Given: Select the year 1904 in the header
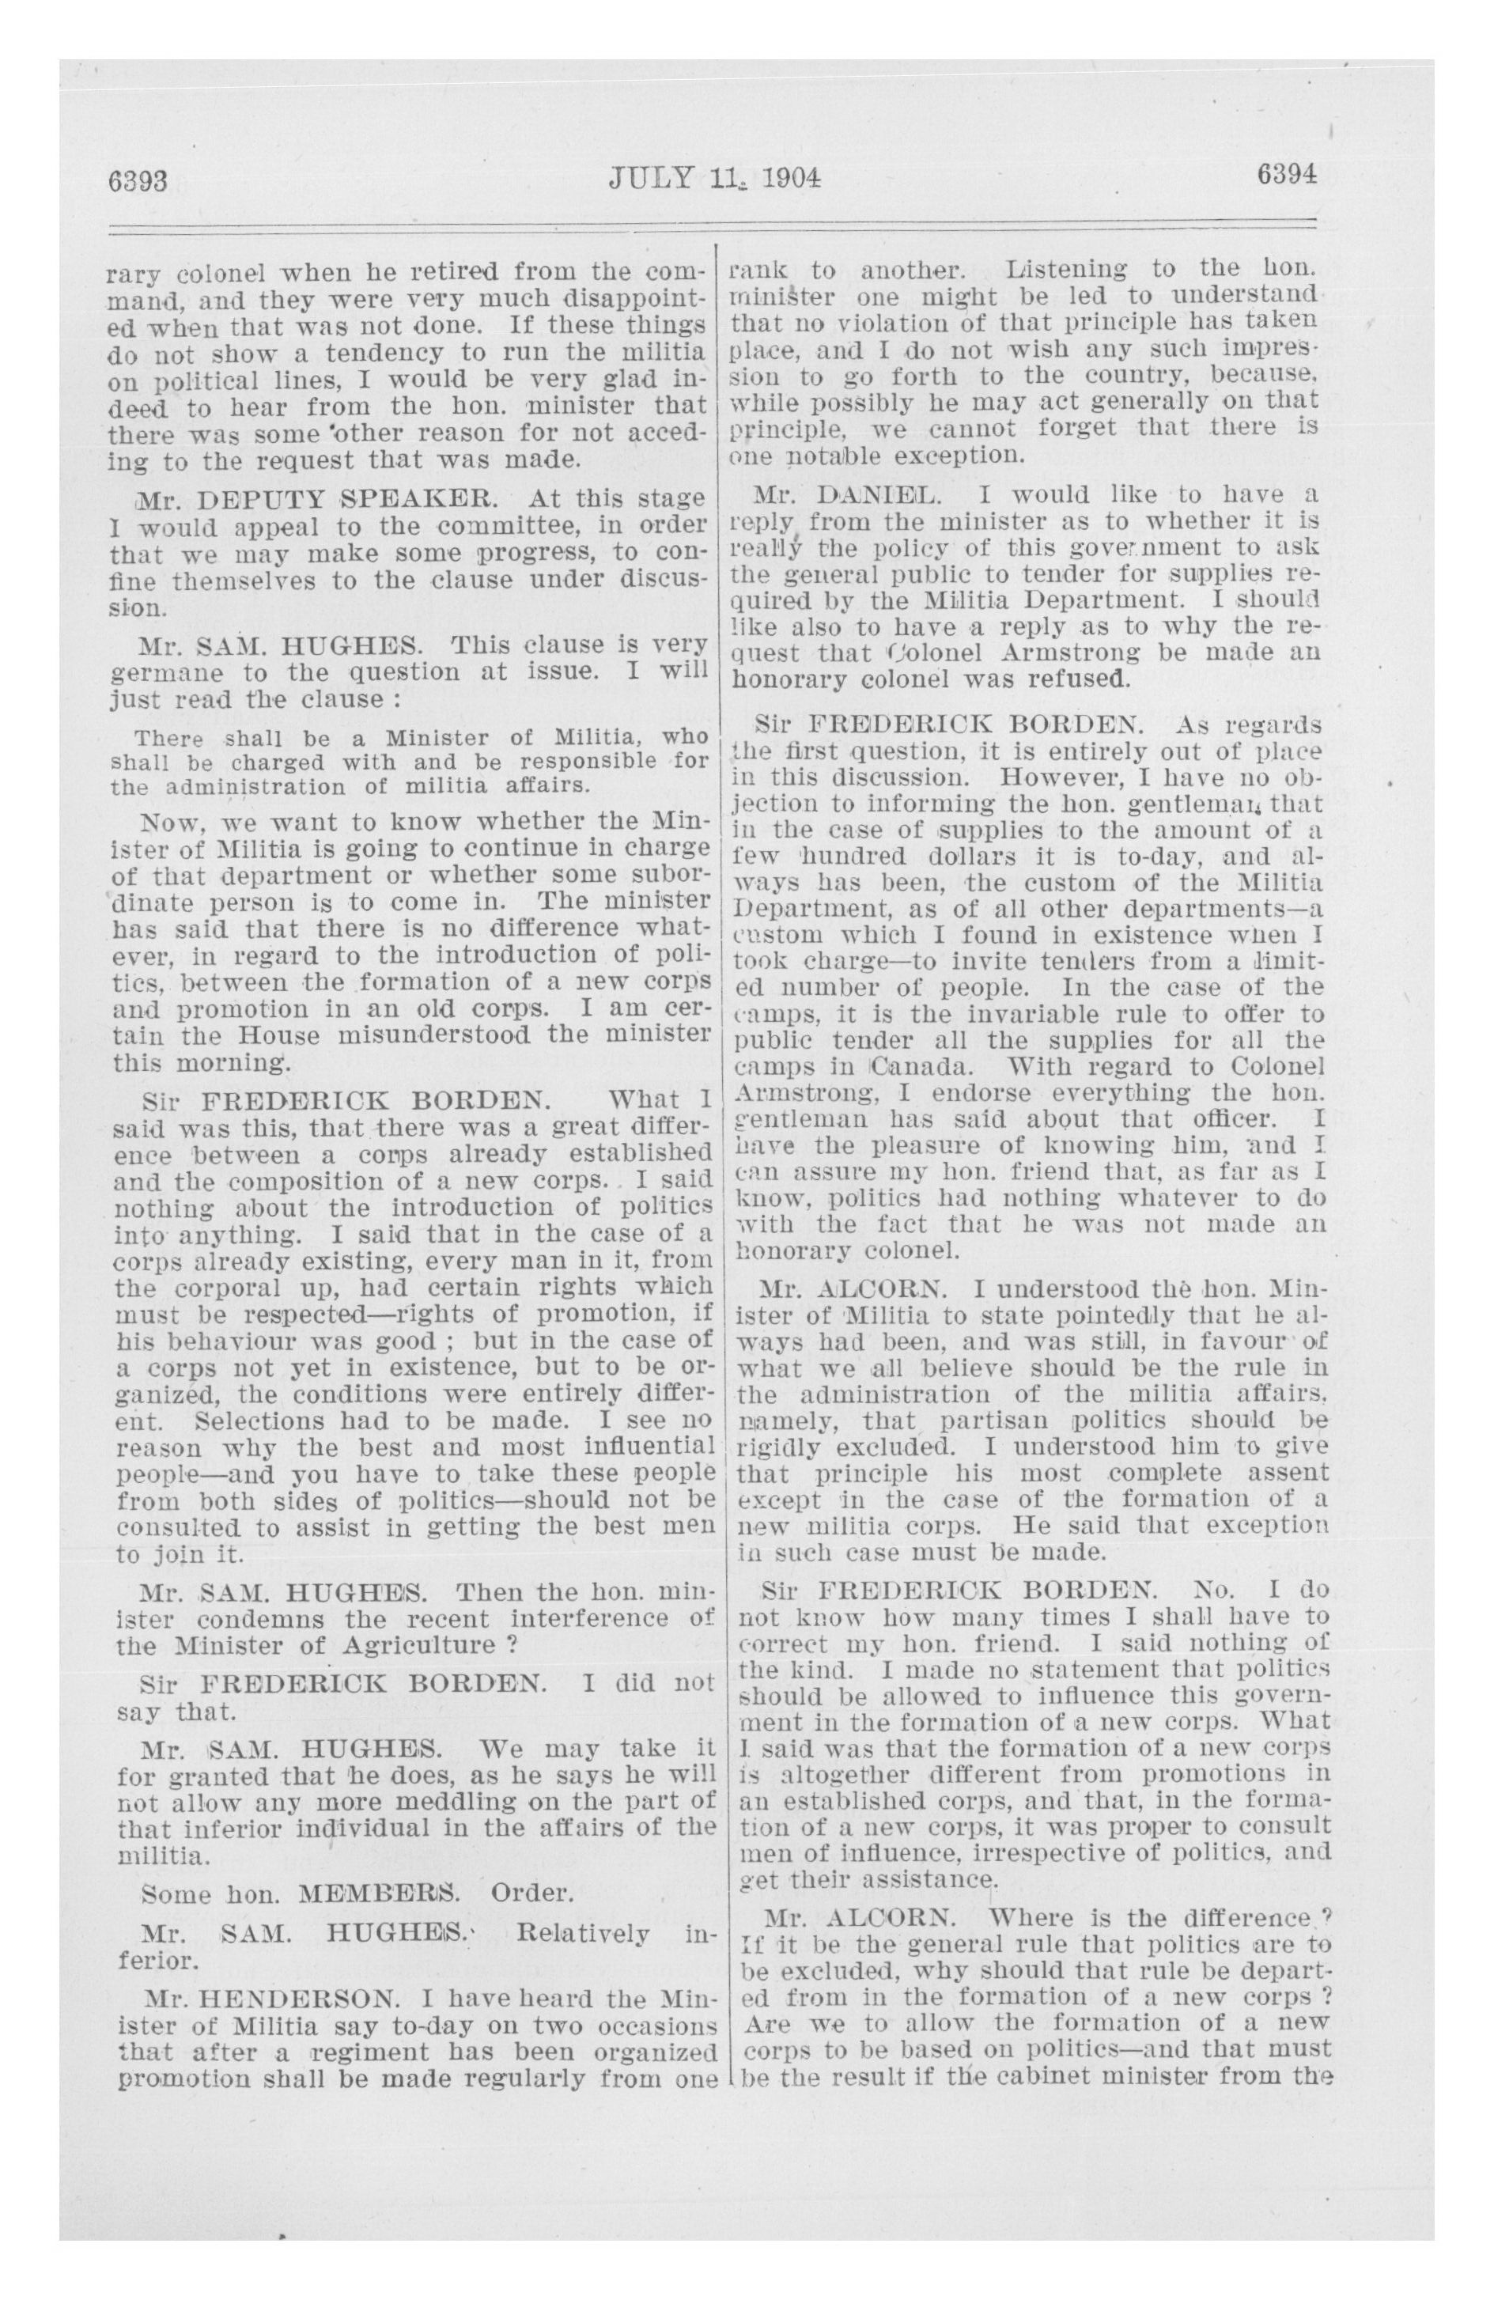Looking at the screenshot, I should pos(789,179).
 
